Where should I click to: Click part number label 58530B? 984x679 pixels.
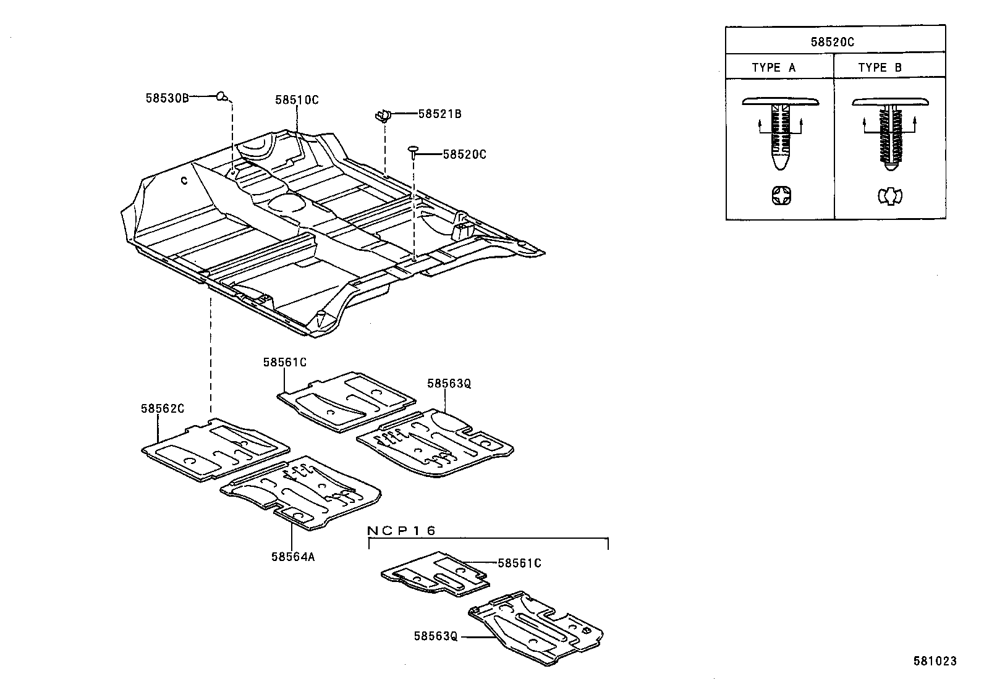[x=167, y=98]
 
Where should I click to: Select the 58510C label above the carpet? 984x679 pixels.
[x=297, y=100]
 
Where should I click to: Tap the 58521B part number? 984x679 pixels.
[x=439, y=114]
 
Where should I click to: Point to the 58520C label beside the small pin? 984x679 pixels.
[x=464, y=154]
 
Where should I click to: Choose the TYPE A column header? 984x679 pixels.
[x=773, y=68]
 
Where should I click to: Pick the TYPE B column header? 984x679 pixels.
[x=880, y=68]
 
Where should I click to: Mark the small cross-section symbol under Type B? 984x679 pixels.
[x=889, y=197]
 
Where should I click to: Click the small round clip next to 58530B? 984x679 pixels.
[x=222, y=96]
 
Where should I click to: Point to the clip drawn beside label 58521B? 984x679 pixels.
[x=384, y=116]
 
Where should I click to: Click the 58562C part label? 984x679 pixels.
[x=163, y=408]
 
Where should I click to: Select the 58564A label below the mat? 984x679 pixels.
[x=293, y=556]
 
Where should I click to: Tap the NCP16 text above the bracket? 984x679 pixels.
[x=402, y=531]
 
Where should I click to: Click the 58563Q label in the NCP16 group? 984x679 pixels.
[x=436, y=636]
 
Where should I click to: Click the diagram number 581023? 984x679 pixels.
[x=935, y=661]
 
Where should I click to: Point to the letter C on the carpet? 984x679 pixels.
[x=184, y=180]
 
